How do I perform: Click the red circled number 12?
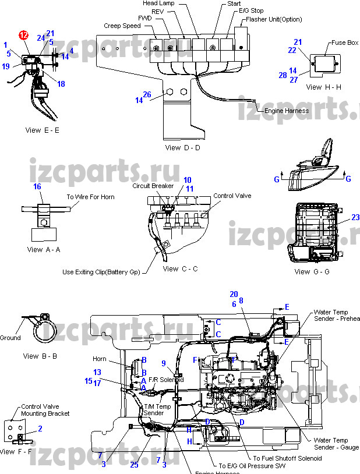tap(23, 35)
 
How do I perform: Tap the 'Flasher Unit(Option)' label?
tap(274, 19)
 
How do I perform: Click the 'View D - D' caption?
tap(182, 148)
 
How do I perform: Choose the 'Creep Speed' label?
tap(122, 26)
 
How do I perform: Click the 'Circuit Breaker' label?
tap(153, 186)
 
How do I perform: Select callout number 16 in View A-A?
tap(37, 186)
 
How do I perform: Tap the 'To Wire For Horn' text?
tap(90, 197)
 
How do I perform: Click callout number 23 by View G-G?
tap(355, 218)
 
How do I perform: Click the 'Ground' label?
tap(10, 338)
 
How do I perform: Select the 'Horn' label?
tap(100, 359)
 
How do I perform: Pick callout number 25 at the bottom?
tap(135, 464)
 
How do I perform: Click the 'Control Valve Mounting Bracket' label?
tap(45, 410)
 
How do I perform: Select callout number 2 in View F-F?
tap(40, 429)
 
